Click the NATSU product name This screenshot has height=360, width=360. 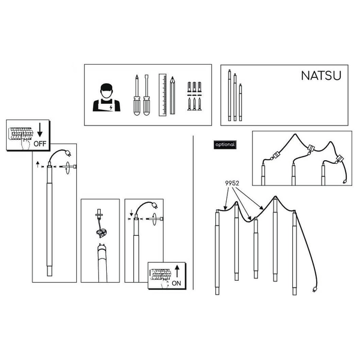(321, 76)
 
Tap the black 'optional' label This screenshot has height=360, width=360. (225, 145)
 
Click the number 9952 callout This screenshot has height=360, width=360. (232, 183)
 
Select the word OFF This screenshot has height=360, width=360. (40, 144)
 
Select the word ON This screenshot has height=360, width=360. (176, 283)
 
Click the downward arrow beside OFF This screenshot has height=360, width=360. (40, 130)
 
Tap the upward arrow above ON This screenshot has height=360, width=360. (177, 271)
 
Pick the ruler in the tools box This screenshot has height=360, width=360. (163, 95)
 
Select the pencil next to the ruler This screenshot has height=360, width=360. (172, 95)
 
